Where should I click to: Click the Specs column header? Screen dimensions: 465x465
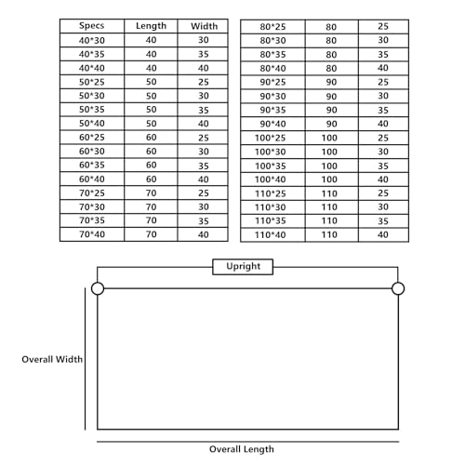coord(92,26)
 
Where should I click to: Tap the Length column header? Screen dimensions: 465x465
coord(151,26)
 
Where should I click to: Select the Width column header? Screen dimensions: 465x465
coord(204,26)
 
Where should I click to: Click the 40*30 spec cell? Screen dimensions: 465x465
coord(92,40)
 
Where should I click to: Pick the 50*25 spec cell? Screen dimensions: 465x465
coord(92,82)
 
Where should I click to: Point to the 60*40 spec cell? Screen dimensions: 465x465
coord(92,179)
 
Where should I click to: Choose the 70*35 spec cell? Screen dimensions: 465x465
coord(92,220)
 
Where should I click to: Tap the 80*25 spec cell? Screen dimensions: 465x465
coord(272,27)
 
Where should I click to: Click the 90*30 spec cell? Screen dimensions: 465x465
coord(272,96)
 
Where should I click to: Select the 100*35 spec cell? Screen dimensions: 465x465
coord(271,166)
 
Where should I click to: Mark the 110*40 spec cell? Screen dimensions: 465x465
coord(271,235)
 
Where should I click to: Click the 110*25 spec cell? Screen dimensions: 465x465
coord(271,193)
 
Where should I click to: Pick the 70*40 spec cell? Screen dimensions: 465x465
coord(92,234)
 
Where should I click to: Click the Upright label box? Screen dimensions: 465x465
coord(243,267)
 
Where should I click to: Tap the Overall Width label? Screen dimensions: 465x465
coord(52,359)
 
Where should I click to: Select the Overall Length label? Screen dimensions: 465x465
coord(242,449)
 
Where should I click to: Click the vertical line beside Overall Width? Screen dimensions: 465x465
coord(85,359)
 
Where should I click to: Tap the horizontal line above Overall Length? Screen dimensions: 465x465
coord(247,442)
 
